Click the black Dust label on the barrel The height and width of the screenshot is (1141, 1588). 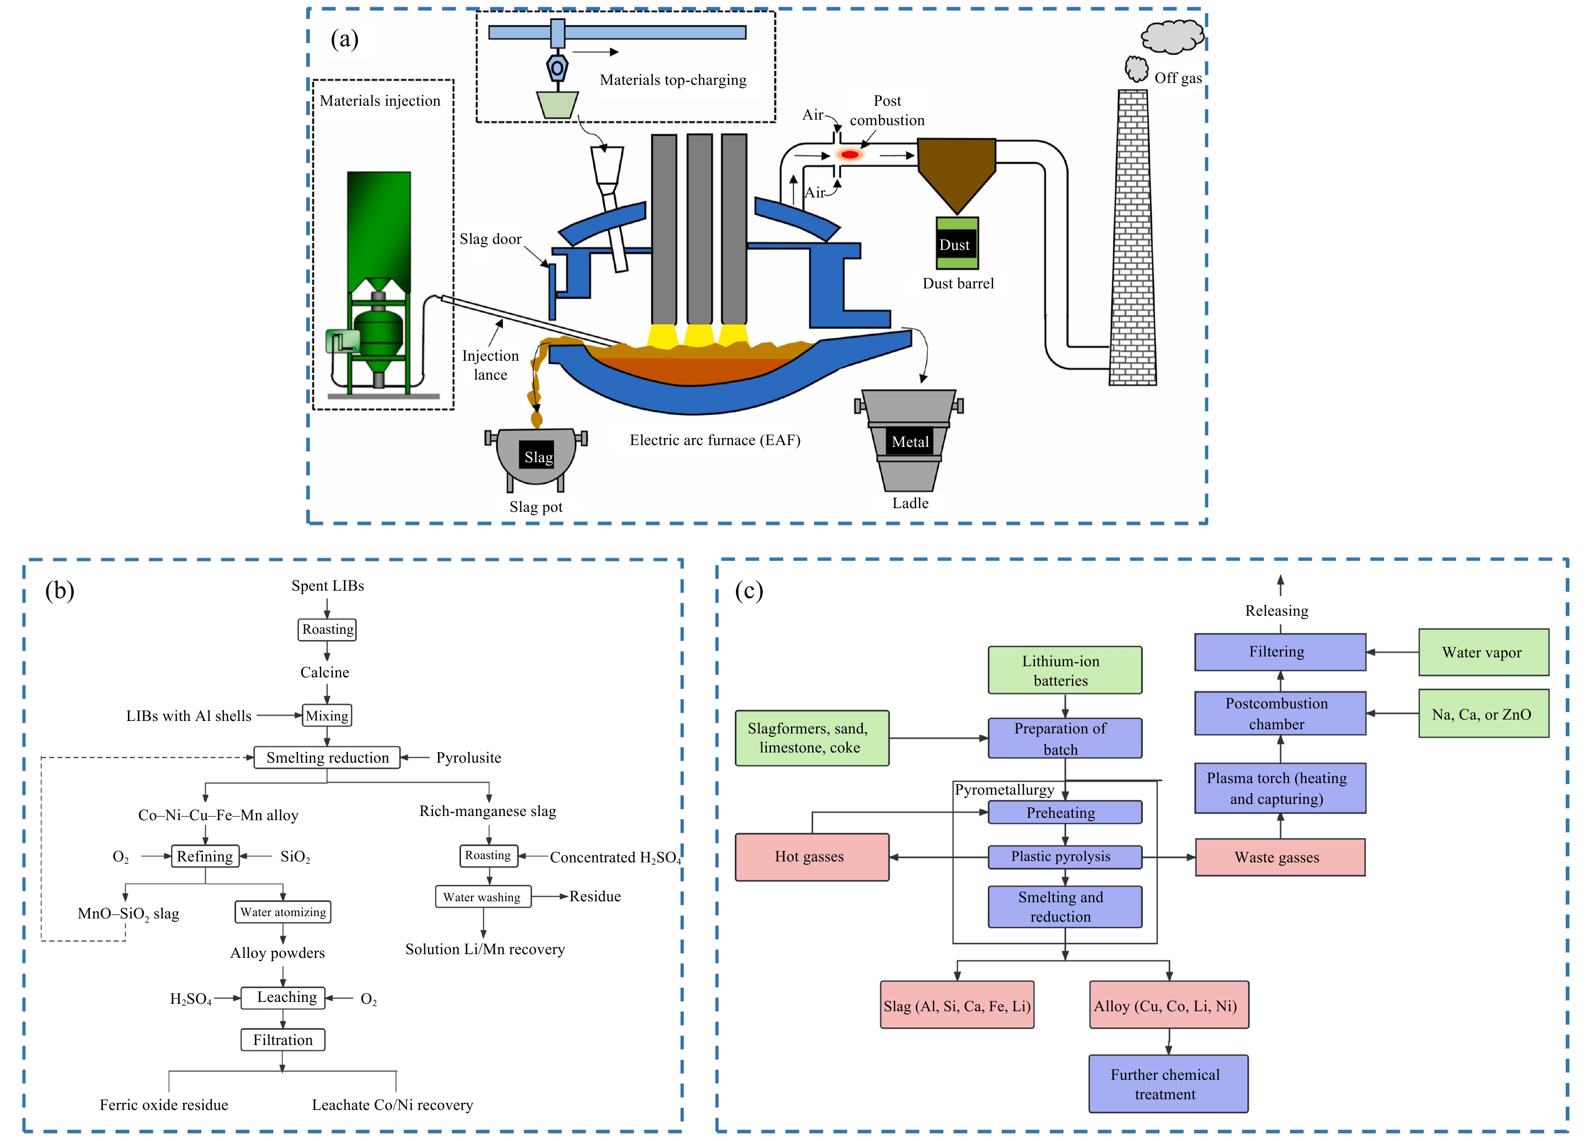click(956, 245)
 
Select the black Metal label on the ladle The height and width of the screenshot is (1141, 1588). click(910, 442)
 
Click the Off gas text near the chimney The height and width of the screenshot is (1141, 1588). click(1177, 78)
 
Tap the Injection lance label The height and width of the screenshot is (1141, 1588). click(490, 365)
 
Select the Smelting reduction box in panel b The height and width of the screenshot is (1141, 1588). click(327, 758)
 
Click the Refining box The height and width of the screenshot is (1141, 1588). click(205, 856)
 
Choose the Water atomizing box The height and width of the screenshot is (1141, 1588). click(283, 912)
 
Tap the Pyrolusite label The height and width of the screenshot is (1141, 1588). click(468, 758)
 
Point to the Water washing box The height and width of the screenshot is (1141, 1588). click(482, 897)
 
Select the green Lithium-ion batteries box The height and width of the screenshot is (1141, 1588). click(1064, 670)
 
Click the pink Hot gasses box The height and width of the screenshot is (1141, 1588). click(811, 857)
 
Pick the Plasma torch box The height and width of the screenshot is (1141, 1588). click(1279, 788)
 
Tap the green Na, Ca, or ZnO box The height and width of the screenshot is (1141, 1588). click(1482, 714)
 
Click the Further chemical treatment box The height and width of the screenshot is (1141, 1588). click(1167, 1084)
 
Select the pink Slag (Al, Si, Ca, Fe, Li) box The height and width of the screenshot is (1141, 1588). click(957, 1005)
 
